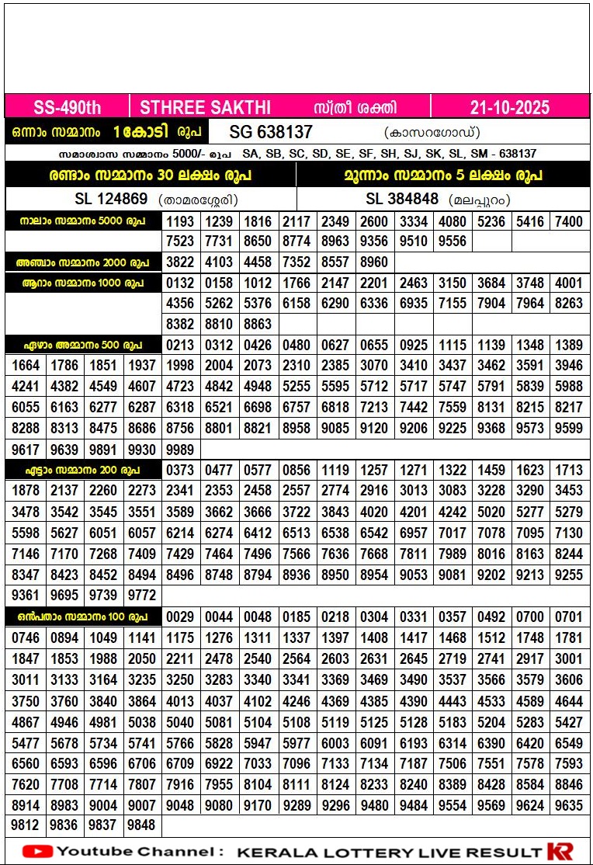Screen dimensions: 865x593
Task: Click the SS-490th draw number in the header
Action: [68, 107]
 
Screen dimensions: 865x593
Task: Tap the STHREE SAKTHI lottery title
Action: [205, 107]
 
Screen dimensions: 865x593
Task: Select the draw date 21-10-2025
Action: [509, 107]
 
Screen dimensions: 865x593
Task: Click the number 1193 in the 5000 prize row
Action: [180, 222]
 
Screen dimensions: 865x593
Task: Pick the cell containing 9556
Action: [452, 241]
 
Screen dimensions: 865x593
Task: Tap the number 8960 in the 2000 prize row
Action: [374, 262]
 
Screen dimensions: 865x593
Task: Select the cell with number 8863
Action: [258, 324]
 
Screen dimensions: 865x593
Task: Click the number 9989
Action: [180, 450]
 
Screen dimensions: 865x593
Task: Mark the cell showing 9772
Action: [141, 596]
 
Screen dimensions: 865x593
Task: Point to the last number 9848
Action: [141, 825]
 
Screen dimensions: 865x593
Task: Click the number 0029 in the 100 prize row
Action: [180, 617]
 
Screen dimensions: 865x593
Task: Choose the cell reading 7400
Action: [568, 222]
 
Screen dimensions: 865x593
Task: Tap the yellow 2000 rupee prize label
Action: [83, 262]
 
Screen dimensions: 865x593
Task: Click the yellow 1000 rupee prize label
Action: [83, 283]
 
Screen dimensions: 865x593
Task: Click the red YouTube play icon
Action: [37, 851]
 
